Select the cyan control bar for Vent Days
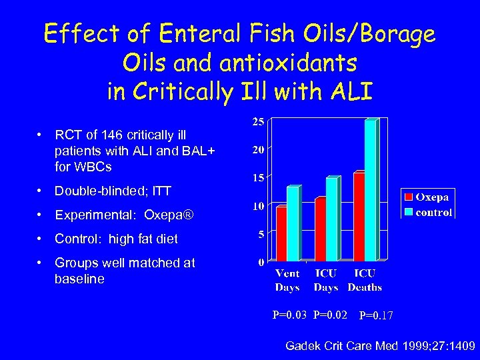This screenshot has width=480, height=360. coord(293,223)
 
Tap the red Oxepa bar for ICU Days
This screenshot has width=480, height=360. coord(320,229)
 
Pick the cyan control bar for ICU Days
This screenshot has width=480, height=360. coord(331,219)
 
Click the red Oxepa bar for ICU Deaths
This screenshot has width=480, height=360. coord(359,216)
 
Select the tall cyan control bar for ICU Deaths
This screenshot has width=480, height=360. coord(371,189)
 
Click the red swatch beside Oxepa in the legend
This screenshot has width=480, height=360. coord(407,197)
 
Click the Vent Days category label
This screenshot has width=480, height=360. coord(287,280)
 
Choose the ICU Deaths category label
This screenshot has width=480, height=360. coord(365,280)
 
